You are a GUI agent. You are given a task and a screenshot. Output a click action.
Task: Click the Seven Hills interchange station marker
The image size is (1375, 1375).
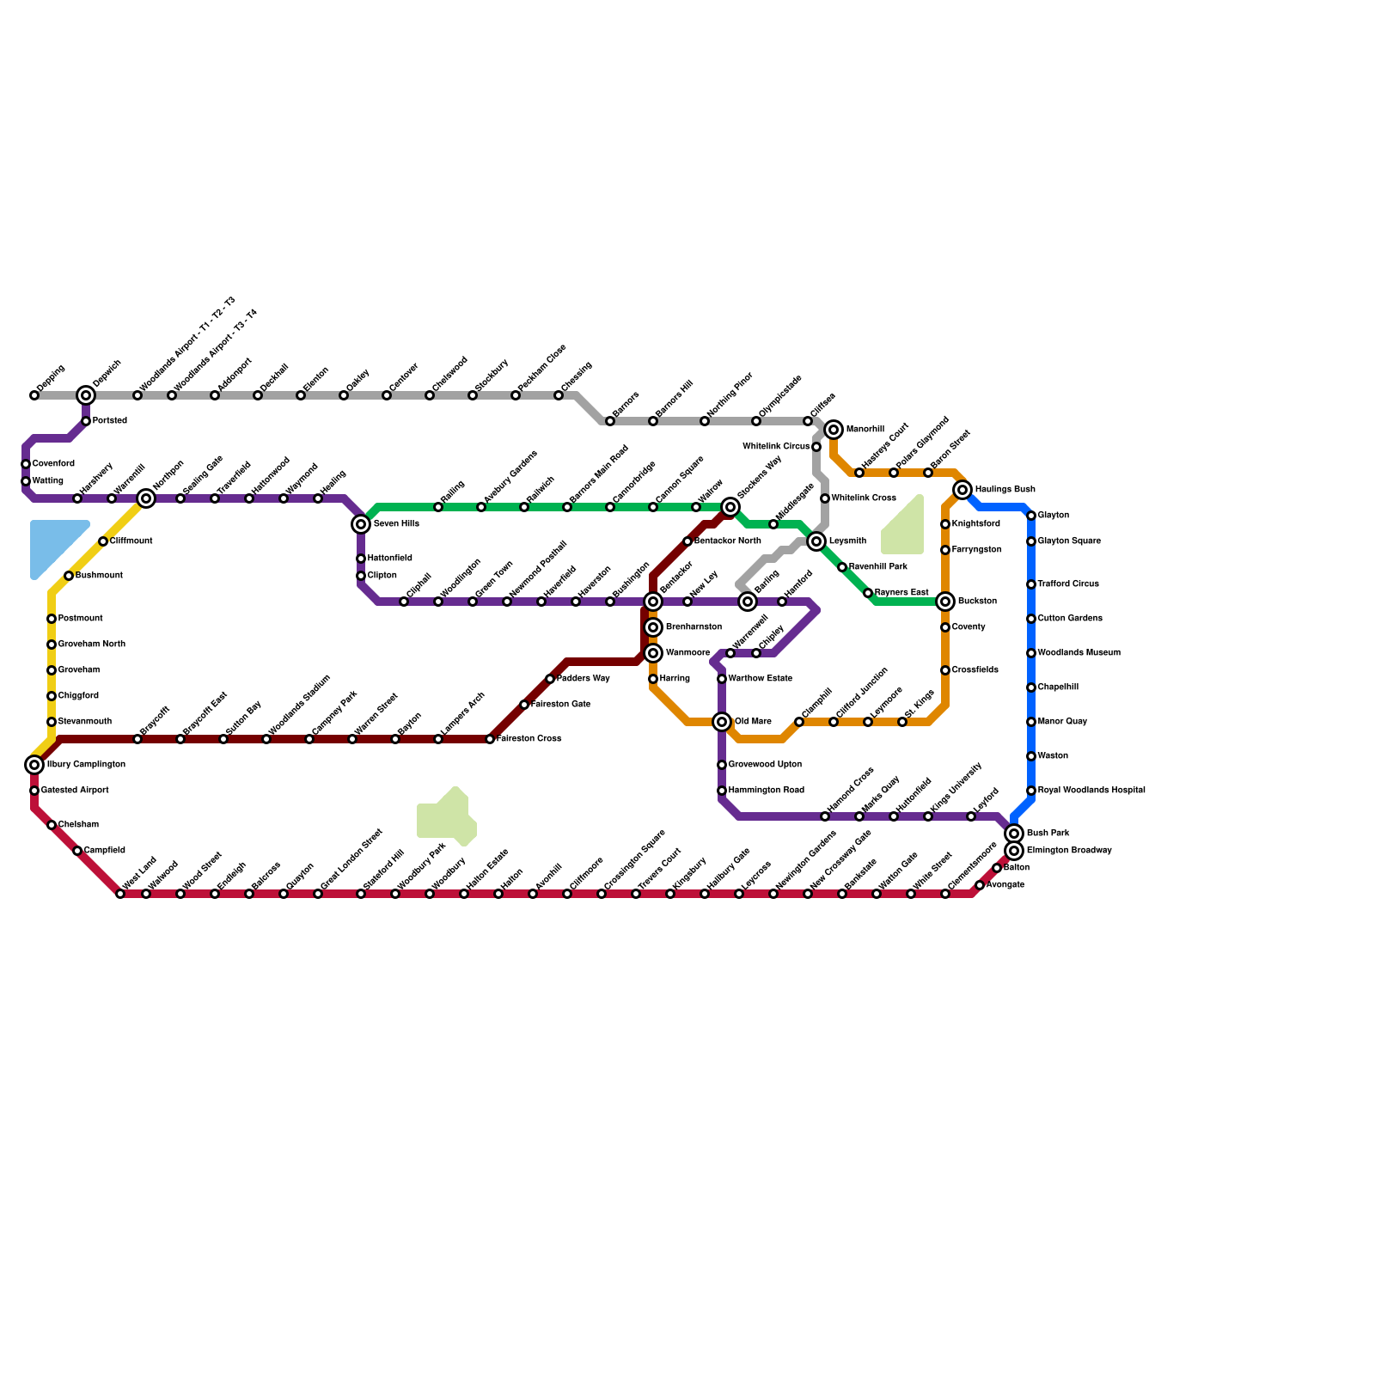point(361,524)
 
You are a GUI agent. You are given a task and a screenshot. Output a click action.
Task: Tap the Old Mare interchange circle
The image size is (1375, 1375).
point(722,722)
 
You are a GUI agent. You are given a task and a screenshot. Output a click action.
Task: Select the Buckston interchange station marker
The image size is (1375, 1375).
point(945,602)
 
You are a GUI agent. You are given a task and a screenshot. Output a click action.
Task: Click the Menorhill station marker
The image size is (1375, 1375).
point(834,430)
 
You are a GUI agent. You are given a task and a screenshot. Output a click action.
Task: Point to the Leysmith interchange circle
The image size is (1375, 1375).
point(816,541)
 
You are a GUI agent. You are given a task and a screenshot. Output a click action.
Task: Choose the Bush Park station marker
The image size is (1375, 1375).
point(1014,834)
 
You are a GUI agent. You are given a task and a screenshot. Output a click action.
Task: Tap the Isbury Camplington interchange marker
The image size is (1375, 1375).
point(34,765)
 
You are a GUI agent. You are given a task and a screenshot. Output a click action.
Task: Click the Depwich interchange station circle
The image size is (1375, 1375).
point(86,395)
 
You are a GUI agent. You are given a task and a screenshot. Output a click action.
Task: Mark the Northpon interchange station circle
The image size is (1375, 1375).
point(146,498)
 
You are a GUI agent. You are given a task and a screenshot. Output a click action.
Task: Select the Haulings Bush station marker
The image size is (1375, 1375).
point(962,490)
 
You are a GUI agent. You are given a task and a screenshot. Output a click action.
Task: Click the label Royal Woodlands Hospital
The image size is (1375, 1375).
point(1091,791)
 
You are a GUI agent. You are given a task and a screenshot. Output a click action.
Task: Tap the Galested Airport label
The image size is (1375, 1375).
point(75,791)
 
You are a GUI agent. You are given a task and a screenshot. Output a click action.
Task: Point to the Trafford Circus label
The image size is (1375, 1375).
point(1068,584)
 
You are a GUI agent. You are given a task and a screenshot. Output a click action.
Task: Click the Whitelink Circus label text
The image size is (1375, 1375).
point(775,447)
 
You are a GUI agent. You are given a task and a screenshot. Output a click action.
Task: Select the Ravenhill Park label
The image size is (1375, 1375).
point(877,567)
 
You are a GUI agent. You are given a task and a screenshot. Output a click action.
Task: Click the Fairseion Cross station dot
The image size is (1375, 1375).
point(490,739)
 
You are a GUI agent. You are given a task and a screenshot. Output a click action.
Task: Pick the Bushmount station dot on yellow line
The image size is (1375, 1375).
point(69,576)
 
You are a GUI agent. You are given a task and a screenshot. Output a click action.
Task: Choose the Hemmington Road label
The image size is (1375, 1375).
point(766,791)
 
